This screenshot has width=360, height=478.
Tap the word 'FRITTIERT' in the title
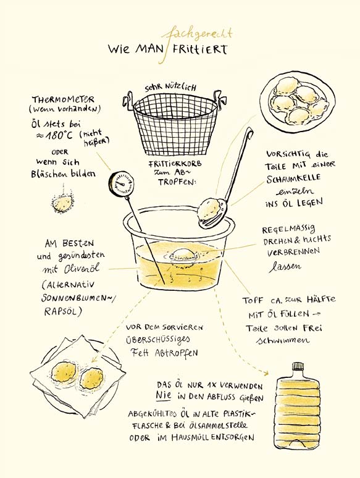tap(200, 49)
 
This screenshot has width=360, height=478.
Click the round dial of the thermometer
tap(120, 183)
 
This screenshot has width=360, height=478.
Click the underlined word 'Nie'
tap(164, 395)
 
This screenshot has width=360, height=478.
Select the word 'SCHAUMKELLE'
tap(293, 178)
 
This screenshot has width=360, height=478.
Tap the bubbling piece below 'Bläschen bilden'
tap(62, 203)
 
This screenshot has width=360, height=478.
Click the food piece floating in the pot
tap(182, 254)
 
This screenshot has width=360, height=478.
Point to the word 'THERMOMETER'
tap(64, 99)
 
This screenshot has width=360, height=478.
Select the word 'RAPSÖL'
tap(63, 311)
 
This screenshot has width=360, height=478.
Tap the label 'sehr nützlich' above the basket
tap(170, 88)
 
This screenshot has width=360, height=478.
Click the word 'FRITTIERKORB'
tap(175, 164)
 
